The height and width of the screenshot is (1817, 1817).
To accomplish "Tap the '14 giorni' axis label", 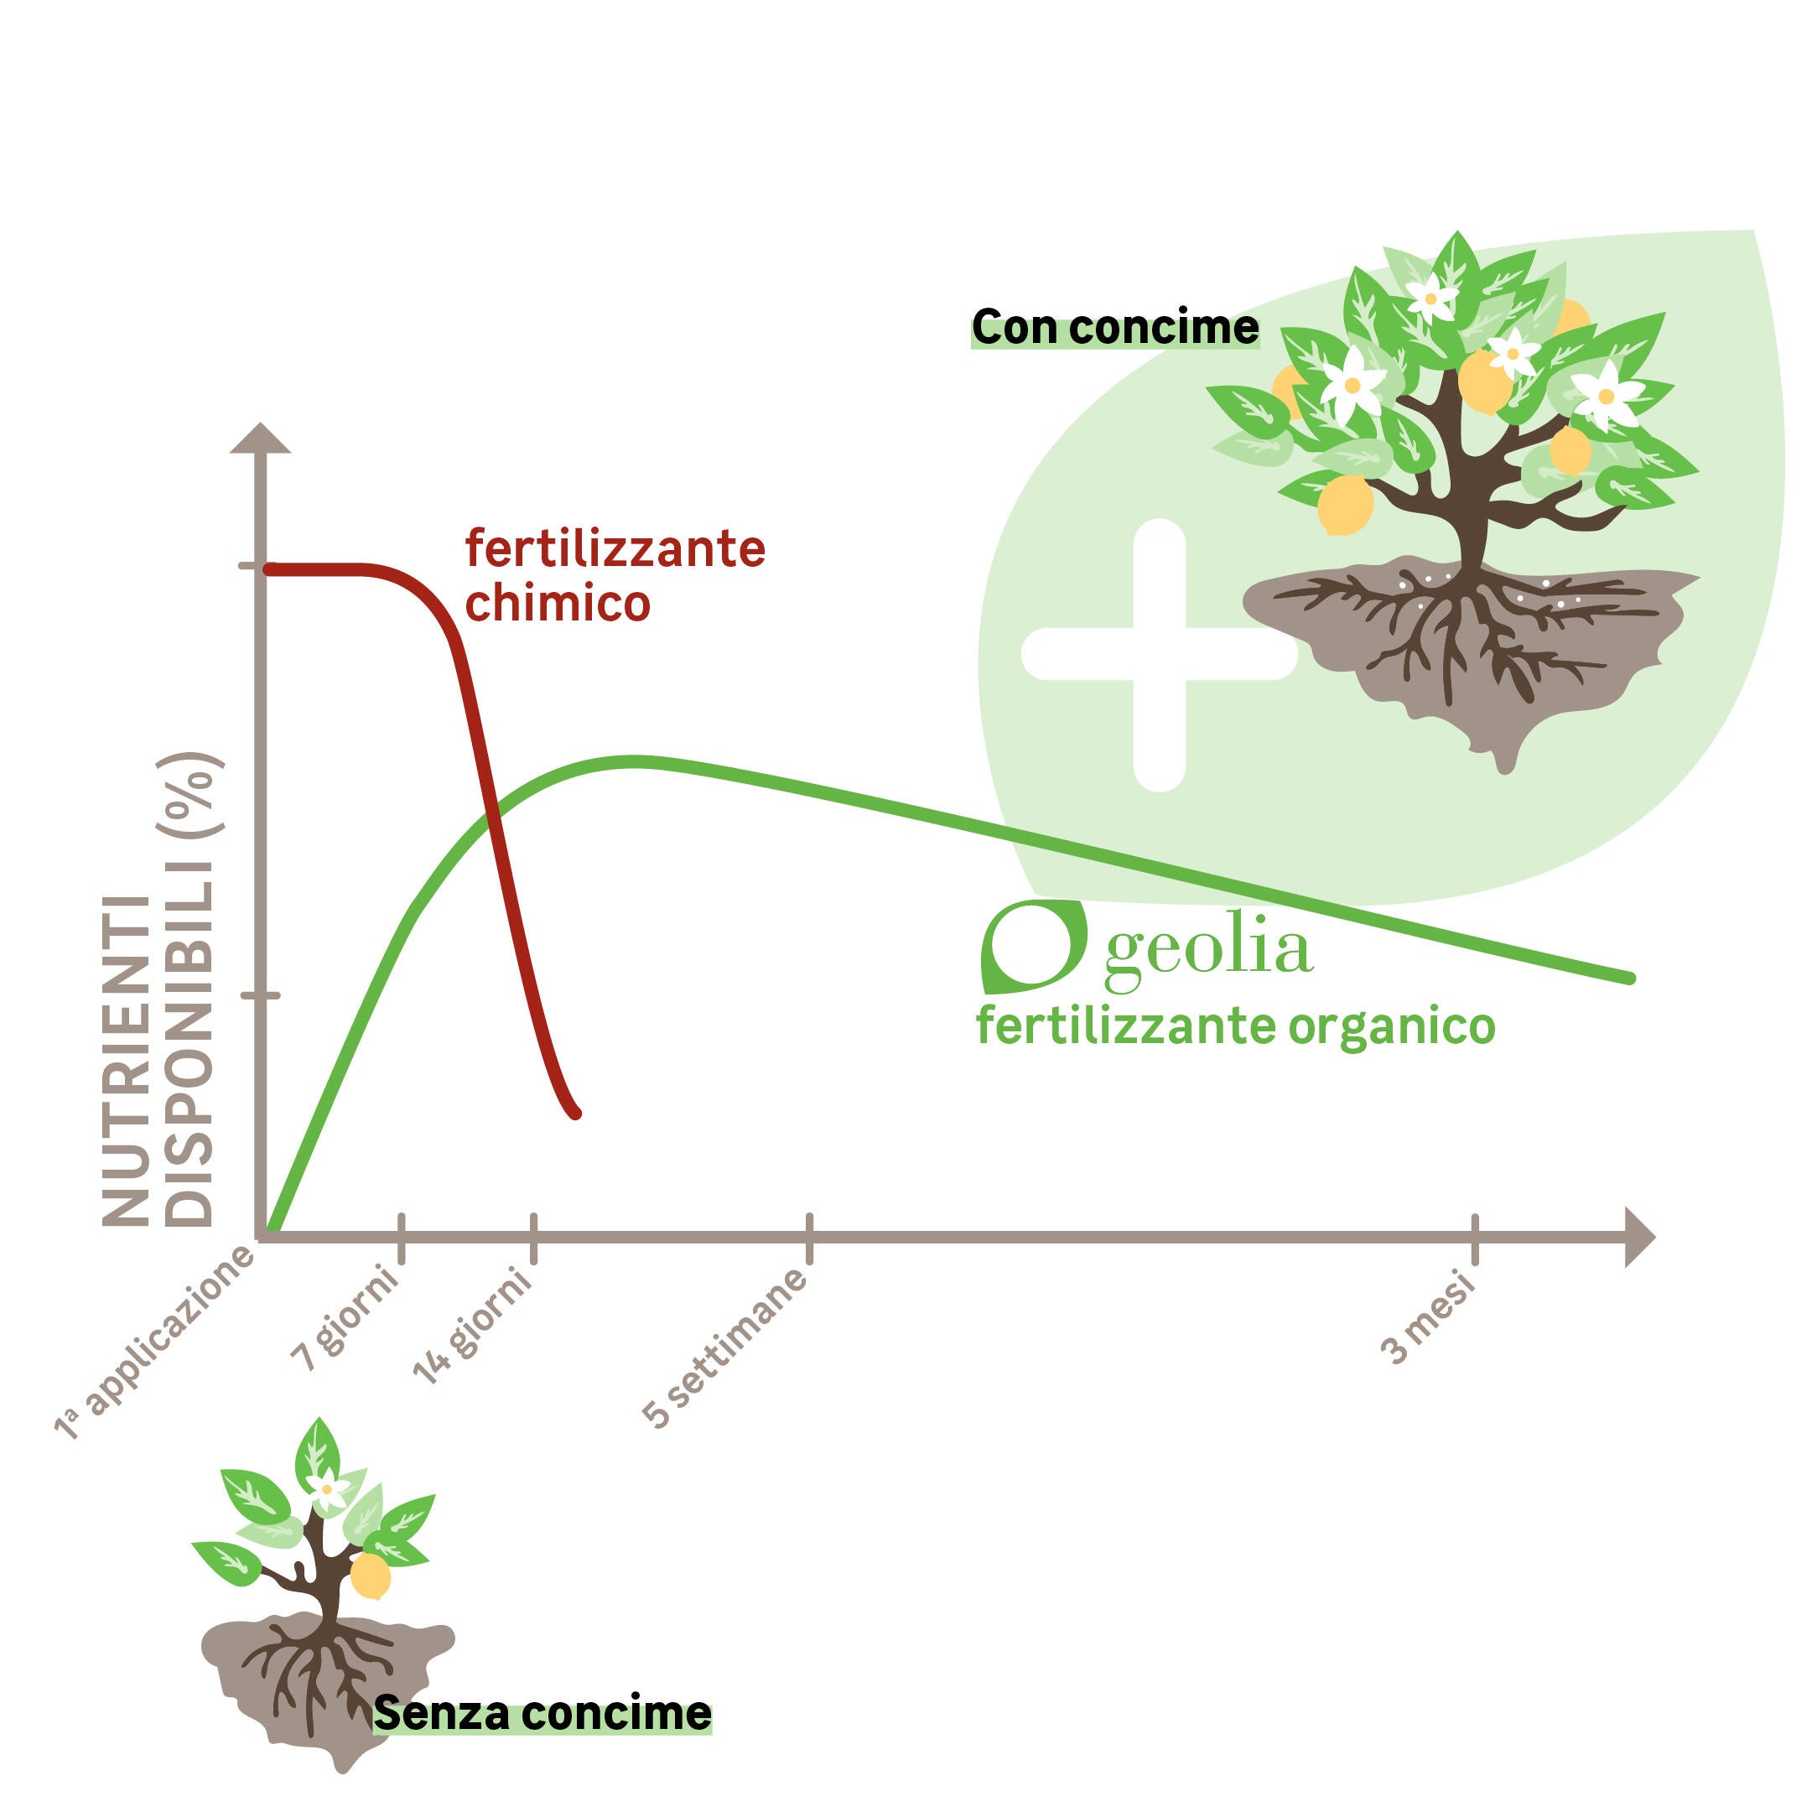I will coord(473,1326).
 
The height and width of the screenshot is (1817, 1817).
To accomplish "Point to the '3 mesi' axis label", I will coord(1429,1319).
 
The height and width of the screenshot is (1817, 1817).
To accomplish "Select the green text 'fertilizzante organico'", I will coord(1235,1026).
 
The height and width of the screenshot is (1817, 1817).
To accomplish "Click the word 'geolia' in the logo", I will coord(1207,950).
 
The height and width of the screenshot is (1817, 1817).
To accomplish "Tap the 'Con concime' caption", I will coord(1114,327).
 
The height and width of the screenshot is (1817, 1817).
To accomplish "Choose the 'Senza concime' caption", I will coord(543,1714).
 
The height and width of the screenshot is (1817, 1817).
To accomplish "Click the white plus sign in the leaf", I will coord(1159,655).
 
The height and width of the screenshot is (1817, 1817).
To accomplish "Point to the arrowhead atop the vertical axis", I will coord(261,439).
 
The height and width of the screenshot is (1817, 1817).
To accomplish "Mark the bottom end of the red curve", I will coord(575,1114).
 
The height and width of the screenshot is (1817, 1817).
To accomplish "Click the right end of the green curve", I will coord(1630,979).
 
